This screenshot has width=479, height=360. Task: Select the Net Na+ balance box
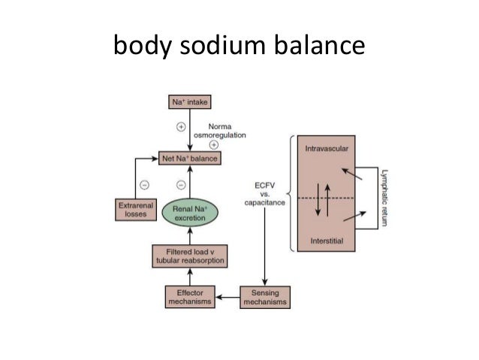point(190,159)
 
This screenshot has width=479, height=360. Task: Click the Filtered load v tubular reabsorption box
point(190,256)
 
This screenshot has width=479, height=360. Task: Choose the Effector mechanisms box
point(189,296)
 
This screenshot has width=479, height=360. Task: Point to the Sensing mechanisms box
point(264,296)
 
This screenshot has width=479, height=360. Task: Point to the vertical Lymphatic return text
point(383,196)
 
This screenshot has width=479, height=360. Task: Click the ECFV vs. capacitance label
point(263,195)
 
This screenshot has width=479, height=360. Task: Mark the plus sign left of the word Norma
point(180,126)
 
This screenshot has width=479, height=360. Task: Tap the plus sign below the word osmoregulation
point(213,144)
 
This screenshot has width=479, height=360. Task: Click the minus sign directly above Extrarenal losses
point(143,184)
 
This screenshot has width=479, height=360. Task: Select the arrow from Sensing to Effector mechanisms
point(228,297)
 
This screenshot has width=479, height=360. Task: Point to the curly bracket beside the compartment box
point(290,194)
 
